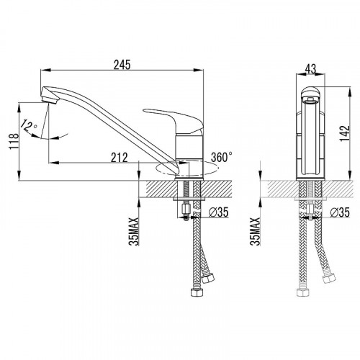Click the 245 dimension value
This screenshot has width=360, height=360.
pyautogui.click(x=122, y=65)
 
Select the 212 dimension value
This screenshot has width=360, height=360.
pyautogui.click(x=120, y=158)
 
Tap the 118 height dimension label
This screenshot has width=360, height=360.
pyautogui.click(x=14, y=141)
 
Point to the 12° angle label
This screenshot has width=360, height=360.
pyautogui.click(x=28, y=126)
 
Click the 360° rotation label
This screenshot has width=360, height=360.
pyautogui.click(x=222, y=157)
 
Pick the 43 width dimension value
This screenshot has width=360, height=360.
pyautogui.click(x=310, y=69)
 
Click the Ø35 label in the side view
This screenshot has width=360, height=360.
pyautogui.click(x=219, y=212)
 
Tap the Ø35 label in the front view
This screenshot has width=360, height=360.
pyautogui.click(x=340, y=212)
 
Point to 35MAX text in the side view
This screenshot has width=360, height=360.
pyautogui.click(x=134, y=232)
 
